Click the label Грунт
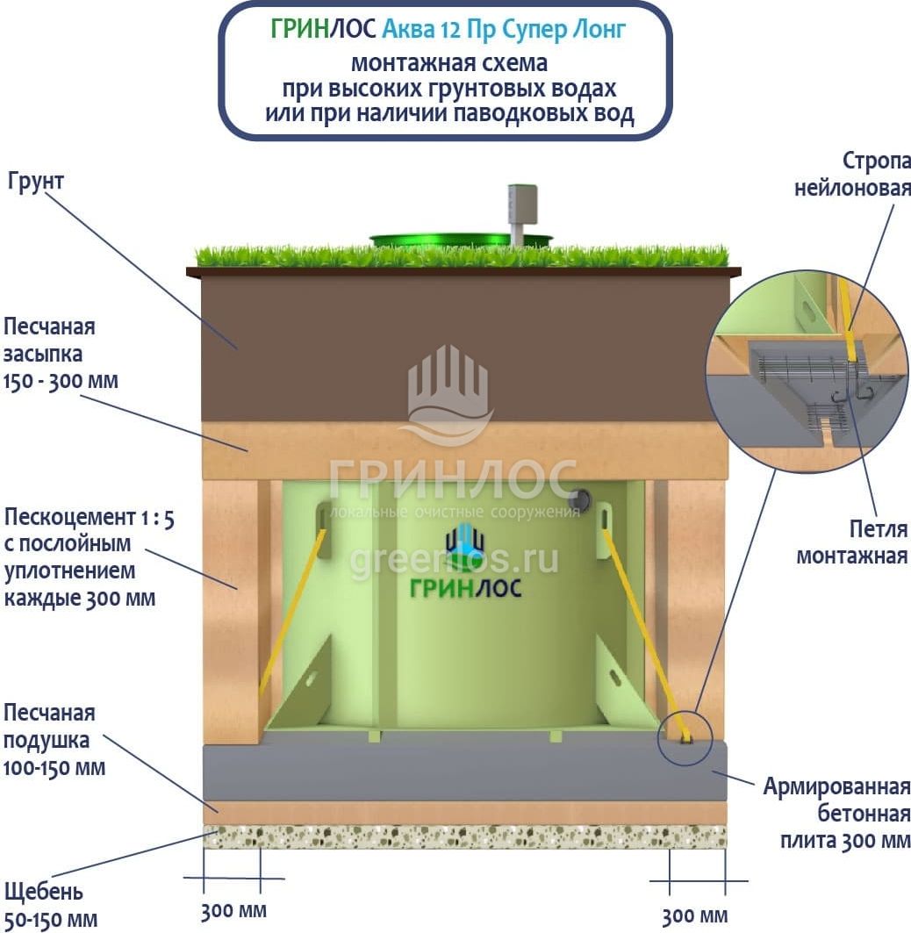(36, 183)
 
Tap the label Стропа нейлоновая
(852, 174)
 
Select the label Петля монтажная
(851, 542)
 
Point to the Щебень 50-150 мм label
(50, 906)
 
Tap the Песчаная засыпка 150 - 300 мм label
(61, 354)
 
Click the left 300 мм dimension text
(233, 910)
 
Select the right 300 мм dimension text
(694, 916)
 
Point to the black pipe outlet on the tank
(577, 499)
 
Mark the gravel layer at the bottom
(465, 836)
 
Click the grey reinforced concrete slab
(465, 770)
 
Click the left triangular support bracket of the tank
(303, 685)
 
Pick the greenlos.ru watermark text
(454, 559)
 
